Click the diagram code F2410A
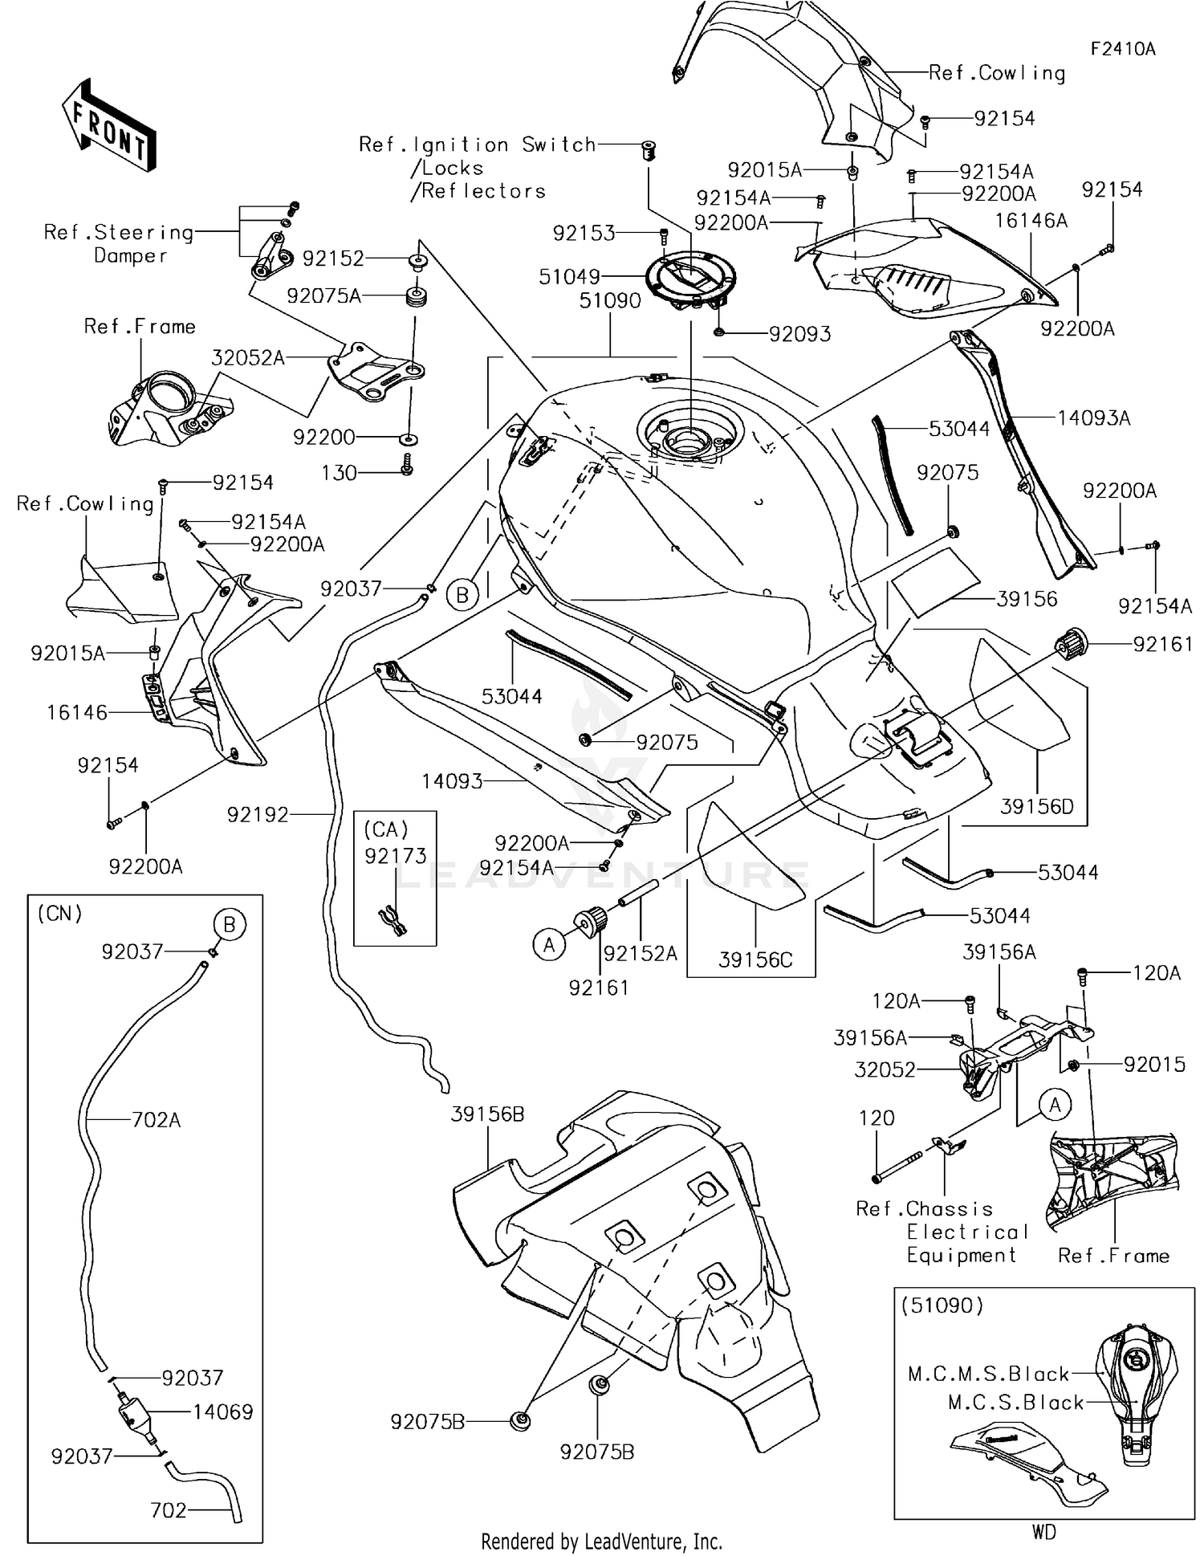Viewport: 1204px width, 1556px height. click(x=1122, y=49)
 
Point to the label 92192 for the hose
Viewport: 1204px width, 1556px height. click(x=257, y=815)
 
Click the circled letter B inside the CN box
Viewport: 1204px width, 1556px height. click(x=229, y=925)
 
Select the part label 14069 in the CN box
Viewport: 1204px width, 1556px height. click(x=222, y=1411)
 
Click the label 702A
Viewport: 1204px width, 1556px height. click(x=156, y=1120)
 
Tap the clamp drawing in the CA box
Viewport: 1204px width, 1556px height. click(x=393, y=921)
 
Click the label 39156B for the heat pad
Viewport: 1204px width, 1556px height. click(x=487, y=1114)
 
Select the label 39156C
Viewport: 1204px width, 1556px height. click(x=755, y=959)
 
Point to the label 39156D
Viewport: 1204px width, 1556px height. click(x=1036, y=806)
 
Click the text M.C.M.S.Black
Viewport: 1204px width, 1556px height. click(x=988, y=1374)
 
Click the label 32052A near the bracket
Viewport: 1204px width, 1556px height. click(x=248, y=358)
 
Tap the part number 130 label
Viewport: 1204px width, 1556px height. click(x=339, y=473)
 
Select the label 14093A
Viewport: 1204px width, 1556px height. click(x=1093, y=418)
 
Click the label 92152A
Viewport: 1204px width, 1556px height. click(x=640, y=953)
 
